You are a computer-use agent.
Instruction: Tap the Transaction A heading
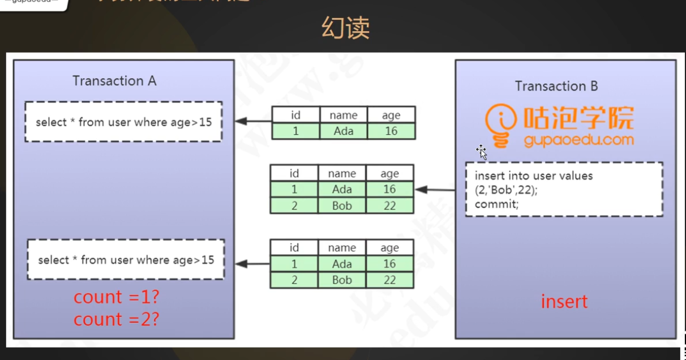click(x=114, y=81)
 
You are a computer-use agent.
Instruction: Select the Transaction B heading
click(x=556, y=86)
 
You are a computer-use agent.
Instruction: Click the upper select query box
click(x=123, y=122)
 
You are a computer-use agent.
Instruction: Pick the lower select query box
click(x=126, y=260)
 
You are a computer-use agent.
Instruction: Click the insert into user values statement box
click(x=564, y=190)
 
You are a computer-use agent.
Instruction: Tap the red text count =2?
click(x=116, y=320)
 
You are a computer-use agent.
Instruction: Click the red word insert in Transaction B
click(x=564, y=302)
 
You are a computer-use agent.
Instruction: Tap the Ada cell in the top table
click(x=343, y=131)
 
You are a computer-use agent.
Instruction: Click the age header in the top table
click(x=391, y=115)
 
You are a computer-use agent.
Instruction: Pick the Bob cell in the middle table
click(x=342, y=206)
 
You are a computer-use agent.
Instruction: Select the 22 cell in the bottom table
click(x=389, y=280)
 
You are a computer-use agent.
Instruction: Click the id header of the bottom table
click(x=294, y=248)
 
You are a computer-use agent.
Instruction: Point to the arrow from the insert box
click(x=436, y=190)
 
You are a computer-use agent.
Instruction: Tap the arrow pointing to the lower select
click(x=252, y=264)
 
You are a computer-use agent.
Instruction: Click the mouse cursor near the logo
click(x=481, y=151)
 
